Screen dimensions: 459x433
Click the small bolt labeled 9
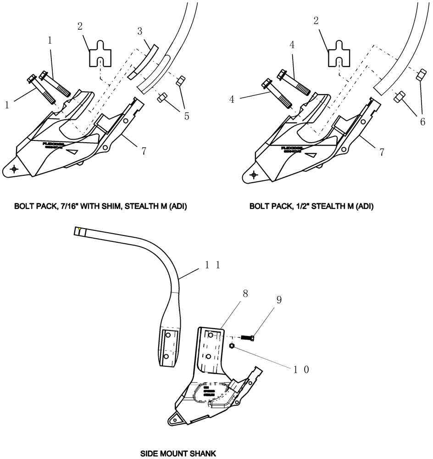tap(248, 337)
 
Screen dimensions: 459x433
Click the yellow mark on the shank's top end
tap(80, 229)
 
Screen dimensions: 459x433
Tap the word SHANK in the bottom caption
tap(200, 453)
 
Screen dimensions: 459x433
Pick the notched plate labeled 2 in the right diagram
tap(340, 53)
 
